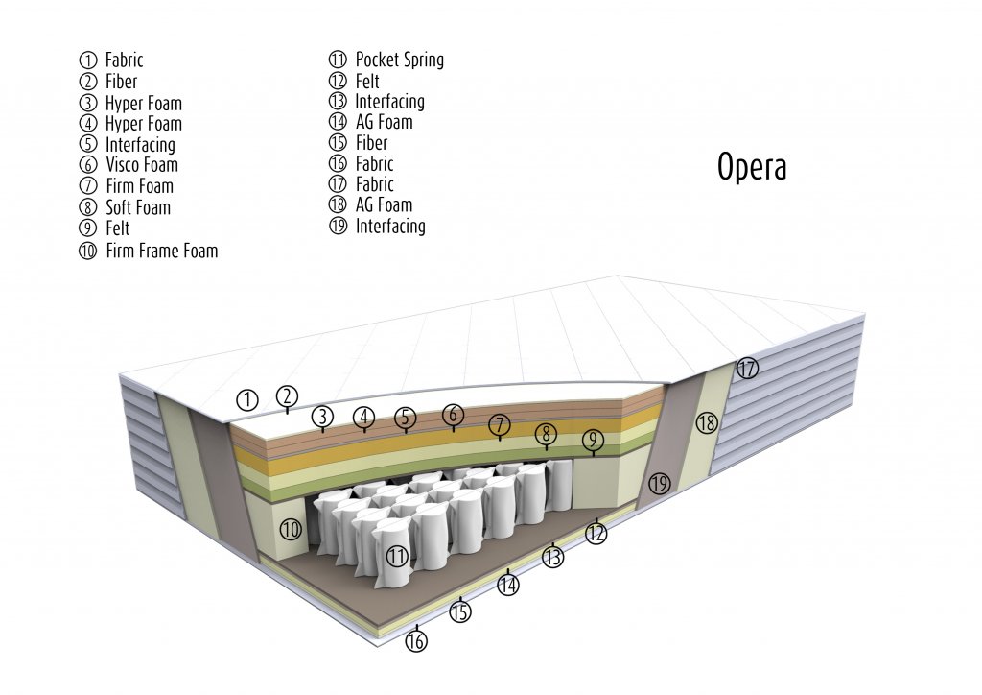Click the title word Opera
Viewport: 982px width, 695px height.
click(x=752, y=167)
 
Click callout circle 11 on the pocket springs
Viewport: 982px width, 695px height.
click(x=398, y=556)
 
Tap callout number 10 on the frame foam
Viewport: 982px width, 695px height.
click(x=291, y=529)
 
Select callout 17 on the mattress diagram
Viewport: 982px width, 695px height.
click(x=747, y=368)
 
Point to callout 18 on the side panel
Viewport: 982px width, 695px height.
click(x=707, y=422)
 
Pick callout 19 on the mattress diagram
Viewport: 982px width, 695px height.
click(x=659, y=484)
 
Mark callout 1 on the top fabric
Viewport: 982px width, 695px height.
click(x=247, y=399)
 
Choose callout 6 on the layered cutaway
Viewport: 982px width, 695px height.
click(x=453, y=415)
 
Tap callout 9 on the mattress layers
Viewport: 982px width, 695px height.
click(x=593, y=440)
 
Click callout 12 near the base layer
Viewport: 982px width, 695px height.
click(x=596, y=532)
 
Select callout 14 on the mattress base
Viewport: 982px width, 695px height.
click(x=508, y=584)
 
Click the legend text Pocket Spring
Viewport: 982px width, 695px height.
click(x=399, y=60)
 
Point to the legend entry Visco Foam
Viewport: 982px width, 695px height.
click(x=142, y=165)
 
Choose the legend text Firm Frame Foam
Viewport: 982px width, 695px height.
click(x=161, y=251)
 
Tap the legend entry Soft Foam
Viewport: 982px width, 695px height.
click(x=138, y=207)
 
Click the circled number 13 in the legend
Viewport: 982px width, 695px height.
click(x=338, y=102)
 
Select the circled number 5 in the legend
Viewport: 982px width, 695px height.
click(x=88, y=145)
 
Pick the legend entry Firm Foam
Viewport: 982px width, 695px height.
click(x=139, y=186)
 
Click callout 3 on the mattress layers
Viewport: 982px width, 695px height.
click(x=323, y=417)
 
